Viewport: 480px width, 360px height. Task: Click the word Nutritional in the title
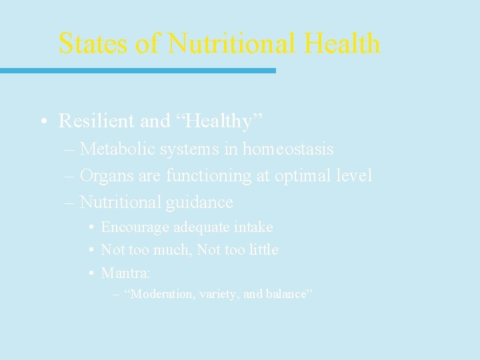pyautogui.click(x=231, y=43)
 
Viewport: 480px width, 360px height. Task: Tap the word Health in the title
pyautogui.click(x=341, y=43)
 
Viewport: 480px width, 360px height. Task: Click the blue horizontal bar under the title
pyautogui.click(x=137, y=70)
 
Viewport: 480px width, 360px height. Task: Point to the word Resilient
pyautogui.click(x=97, y=121)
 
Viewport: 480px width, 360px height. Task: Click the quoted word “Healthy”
pyautogui.click(x=219, y=121)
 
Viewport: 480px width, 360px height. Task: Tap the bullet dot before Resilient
pyautogui.click(x=42, y=121)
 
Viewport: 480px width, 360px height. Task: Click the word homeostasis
pyautogui.click(x=287, y=149)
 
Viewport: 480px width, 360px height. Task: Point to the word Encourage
pyautogui.click(x=135, y=227)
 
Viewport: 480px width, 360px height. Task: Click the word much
pyautogui.click(x=175, y=250)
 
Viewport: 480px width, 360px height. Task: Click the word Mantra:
pyautogui.click(x=125, y=273)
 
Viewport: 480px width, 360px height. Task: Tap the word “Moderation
pyautogui.click(x=159, y=294)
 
